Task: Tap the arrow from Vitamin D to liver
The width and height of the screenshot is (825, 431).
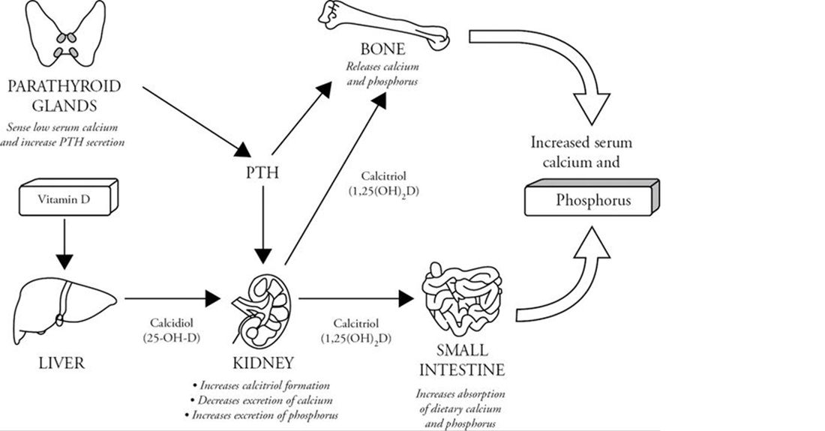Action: pos(65,243)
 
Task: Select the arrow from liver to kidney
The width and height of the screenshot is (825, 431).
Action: pos(172,299)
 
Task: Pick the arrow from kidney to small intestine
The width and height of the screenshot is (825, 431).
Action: pos(353,299)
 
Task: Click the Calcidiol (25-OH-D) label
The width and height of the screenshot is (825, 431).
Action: pos(173,330)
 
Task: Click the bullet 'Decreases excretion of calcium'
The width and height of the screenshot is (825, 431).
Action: pos(262,400)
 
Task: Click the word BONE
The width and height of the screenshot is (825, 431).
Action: pos(382,50)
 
